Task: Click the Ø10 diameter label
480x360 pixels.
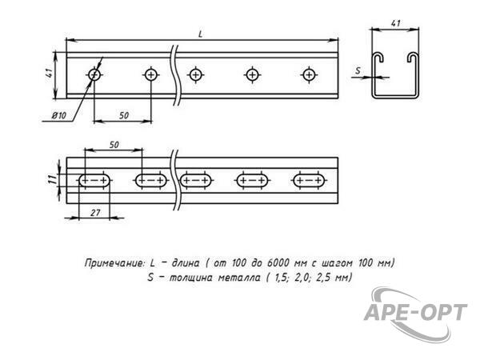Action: [58, 116]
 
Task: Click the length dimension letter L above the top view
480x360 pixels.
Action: [201, 34]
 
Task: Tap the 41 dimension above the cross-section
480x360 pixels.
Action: [395, 23]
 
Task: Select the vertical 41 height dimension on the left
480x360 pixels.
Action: [50, 74]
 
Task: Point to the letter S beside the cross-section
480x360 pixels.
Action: [358, 70]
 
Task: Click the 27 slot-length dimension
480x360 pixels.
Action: [95, 212]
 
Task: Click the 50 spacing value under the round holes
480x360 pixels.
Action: [124, 115]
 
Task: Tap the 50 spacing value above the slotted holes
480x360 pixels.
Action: [114, 145]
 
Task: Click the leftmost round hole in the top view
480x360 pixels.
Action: [94, 74]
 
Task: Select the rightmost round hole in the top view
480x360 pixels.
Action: [309, 74]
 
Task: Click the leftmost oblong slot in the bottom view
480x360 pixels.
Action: [94, 180]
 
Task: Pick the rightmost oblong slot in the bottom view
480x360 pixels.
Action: [309, 180]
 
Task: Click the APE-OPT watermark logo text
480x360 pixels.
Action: [415, 312]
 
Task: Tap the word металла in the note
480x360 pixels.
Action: [239, 278]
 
